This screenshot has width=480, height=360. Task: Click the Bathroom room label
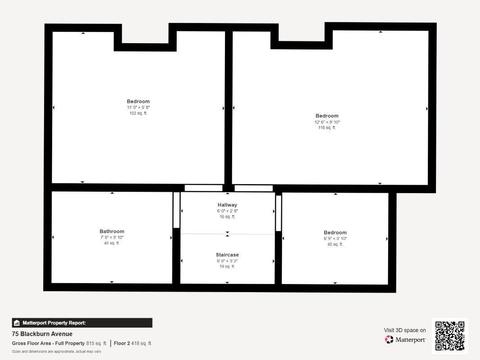click(x=112, y=231)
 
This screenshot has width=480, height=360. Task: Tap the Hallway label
click(x=227, y=205)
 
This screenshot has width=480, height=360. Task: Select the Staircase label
click(x=227, y=255)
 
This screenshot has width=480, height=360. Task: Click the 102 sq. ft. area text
click(x=138, y=113)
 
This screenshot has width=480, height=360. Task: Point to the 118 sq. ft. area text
click(x=327, y=128)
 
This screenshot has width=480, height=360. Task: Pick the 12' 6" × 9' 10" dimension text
click(x=327, y=122)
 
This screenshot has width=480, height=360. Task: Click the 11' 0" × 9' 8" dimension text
click(x=138, y=108)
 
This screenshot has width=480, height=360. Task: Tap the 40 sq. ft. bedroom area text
click(x=335, y=244)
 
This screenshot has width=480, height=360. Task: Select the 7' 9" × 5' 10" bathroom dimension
click(x=112, y=237)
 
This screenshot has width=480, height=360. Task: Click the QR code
click(x=450, y=336)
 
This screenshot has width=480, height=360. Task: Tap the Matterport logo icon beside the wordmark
click(x=389, y=339)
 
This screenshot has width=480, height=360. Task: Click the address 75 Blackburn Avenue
click(x=42, y=334)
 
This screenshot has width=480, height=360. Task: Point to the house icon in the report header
click(x=17, y=323)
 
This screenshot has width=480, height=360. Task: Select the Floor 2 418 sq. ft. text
click(x=133, y=343)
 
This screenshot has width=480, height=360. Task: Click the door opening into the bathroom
click(x=176, y=210)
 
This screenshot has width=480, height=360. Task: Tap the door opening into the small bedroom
click(x=278, y=213)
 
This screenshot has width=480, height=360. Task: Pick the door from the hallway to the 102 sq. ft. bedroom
click(x=204, y=188)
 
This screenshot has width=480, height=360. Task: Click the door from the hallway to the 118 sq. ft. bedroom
click(x=253, y=188)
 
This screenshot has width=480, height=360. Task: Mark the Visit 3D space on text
click(x=405, y=330)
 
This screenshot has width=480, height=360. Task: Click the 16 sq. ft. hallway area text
click(x=227, y=217)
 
